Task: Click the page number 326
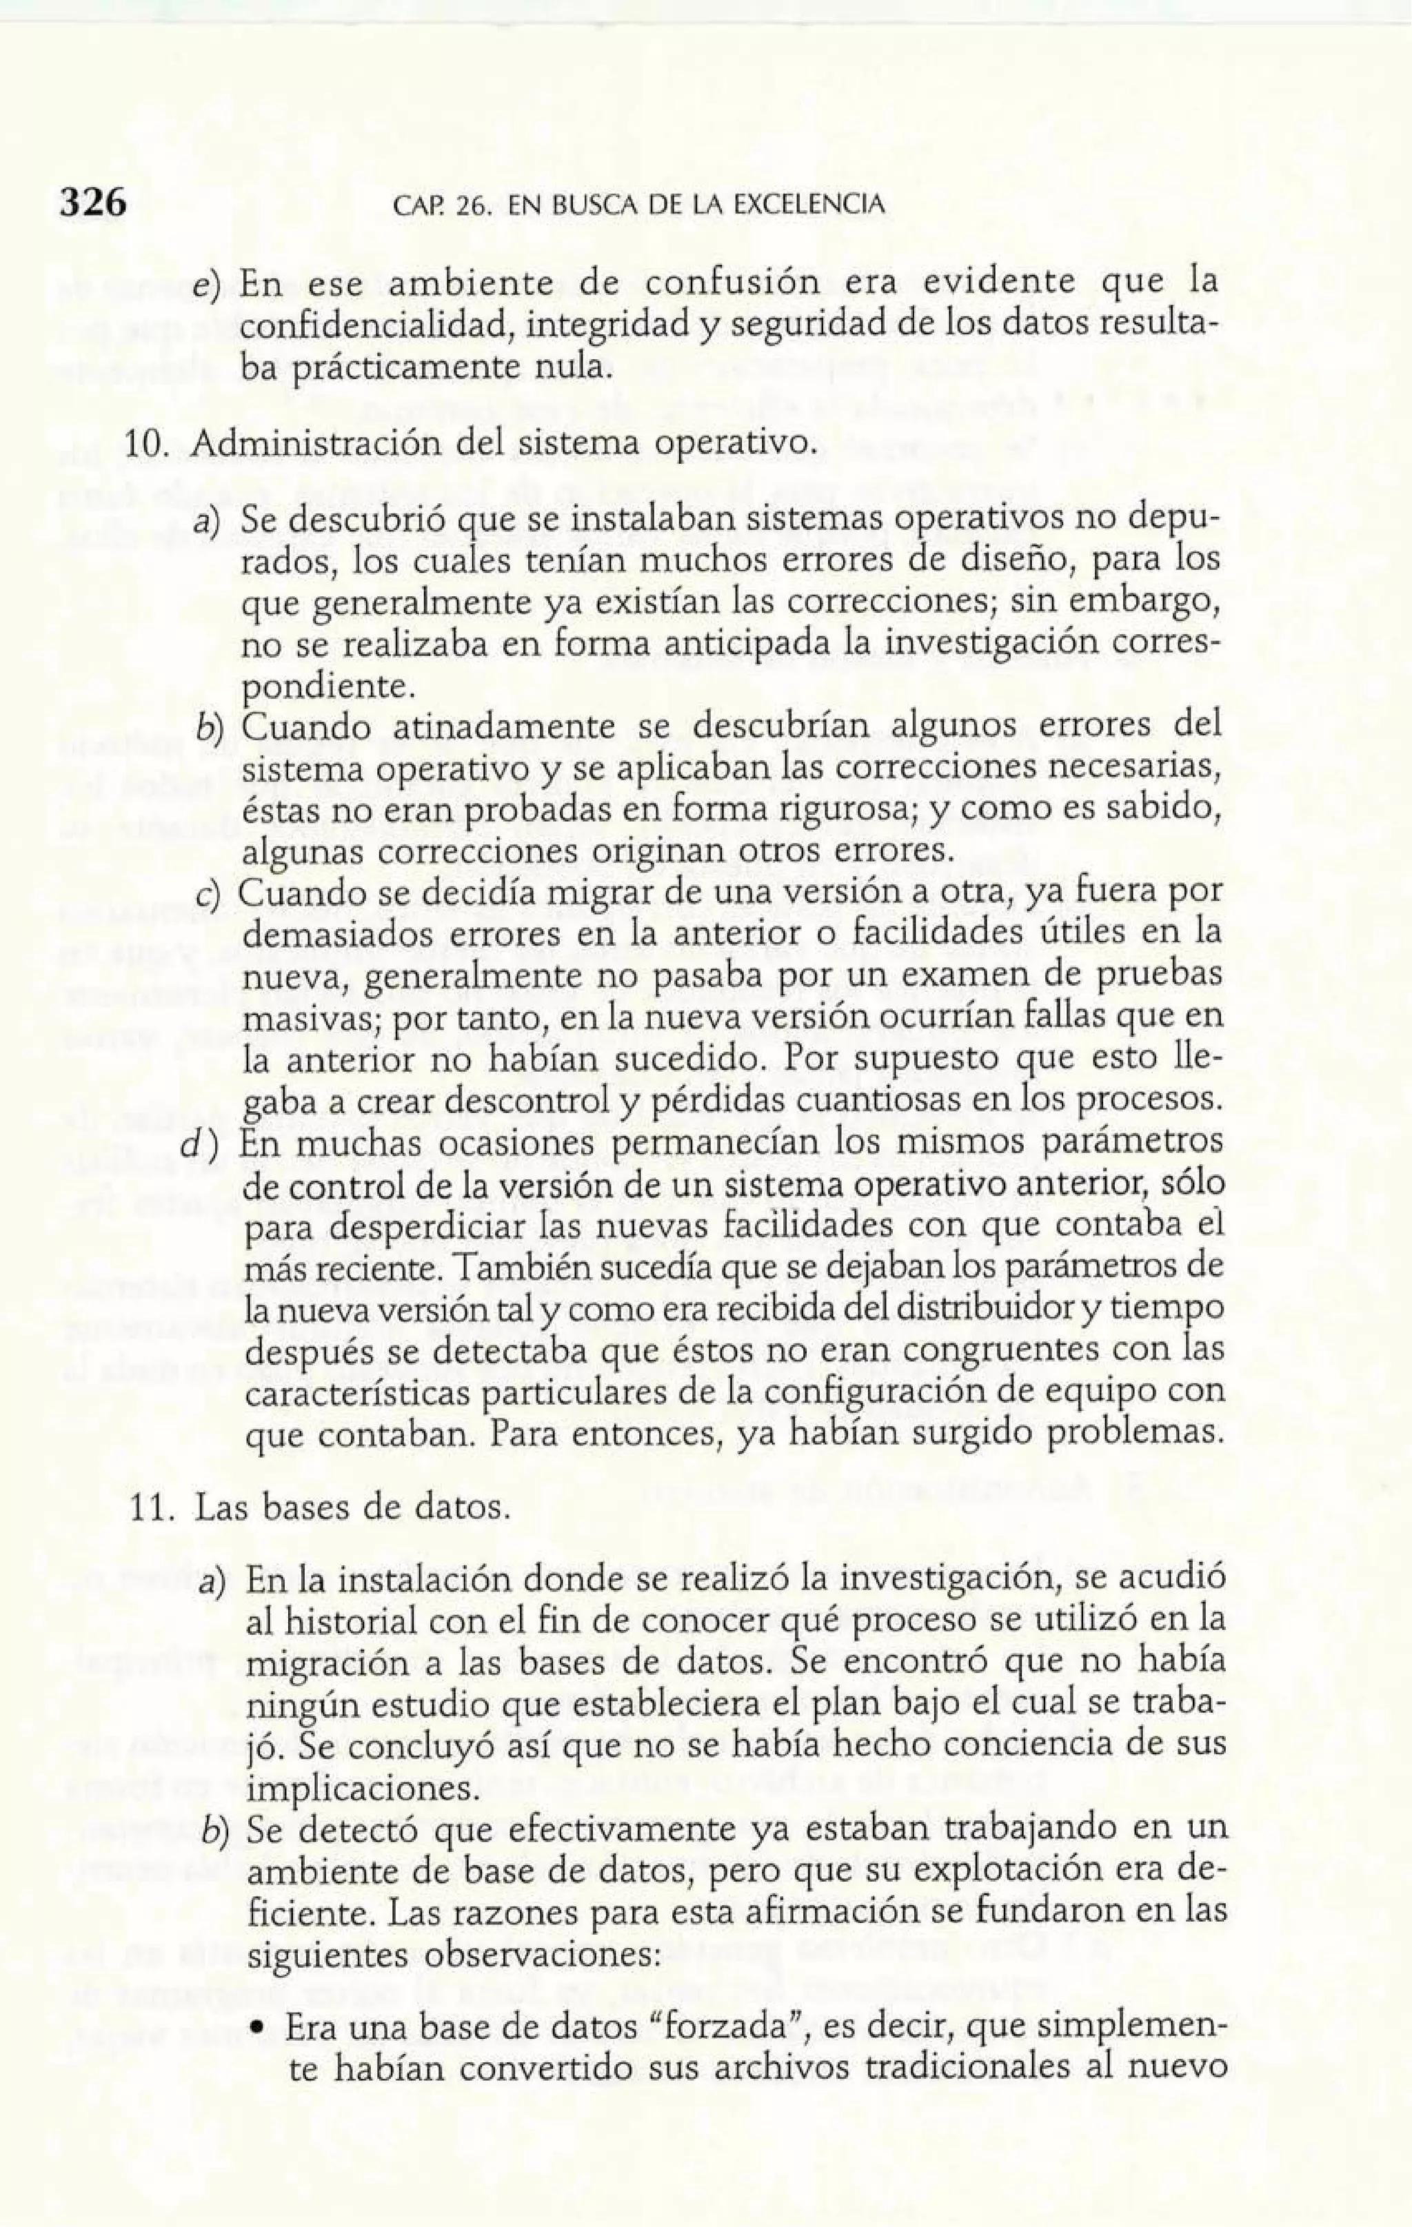click(92, 202)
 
